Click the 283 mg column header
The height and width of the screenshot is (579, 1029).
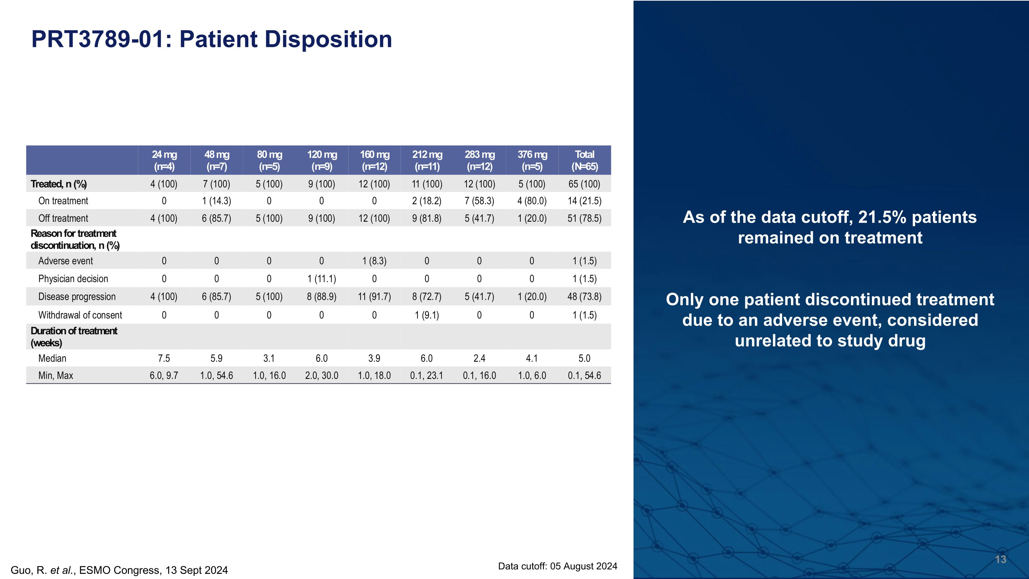(x=480, y=160)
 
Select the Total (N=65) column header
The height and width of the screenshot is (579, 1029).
(x=584, y=160)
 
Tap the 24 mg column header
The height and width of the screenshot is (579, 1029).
(x=164, y=160)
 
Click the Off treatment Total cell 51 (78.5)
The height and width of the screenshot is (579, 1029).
(x=584, y=218)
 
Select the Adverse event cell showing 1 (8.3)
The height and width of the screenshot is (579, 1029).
(x=374, y=261)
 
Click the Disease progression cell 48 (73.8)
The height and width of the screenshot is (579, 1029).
(x=584, y=297)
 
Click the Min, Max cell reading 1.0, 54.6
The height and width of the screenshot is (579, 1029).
(x=216, y=375)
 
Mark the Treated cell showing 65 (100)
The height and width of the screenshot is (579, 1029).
(x=584, y=184)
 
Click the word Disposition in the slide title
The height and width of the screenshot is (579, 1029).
(x=328, y=39)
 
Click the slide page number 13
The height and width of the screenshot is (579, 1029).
(x=1000, y=559)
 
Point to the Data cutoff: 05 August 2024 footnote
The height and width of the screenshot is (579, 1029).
(x=557, y=566)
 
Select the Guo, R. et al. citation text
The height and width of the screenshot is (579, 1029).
(x=119, y=570)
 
